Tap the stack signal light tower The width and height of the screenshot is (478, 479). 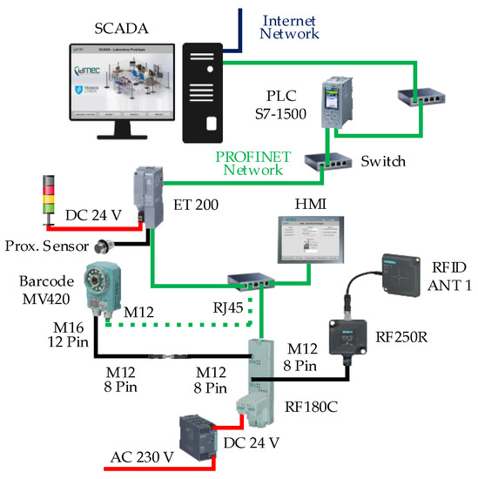coord(49,197)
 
